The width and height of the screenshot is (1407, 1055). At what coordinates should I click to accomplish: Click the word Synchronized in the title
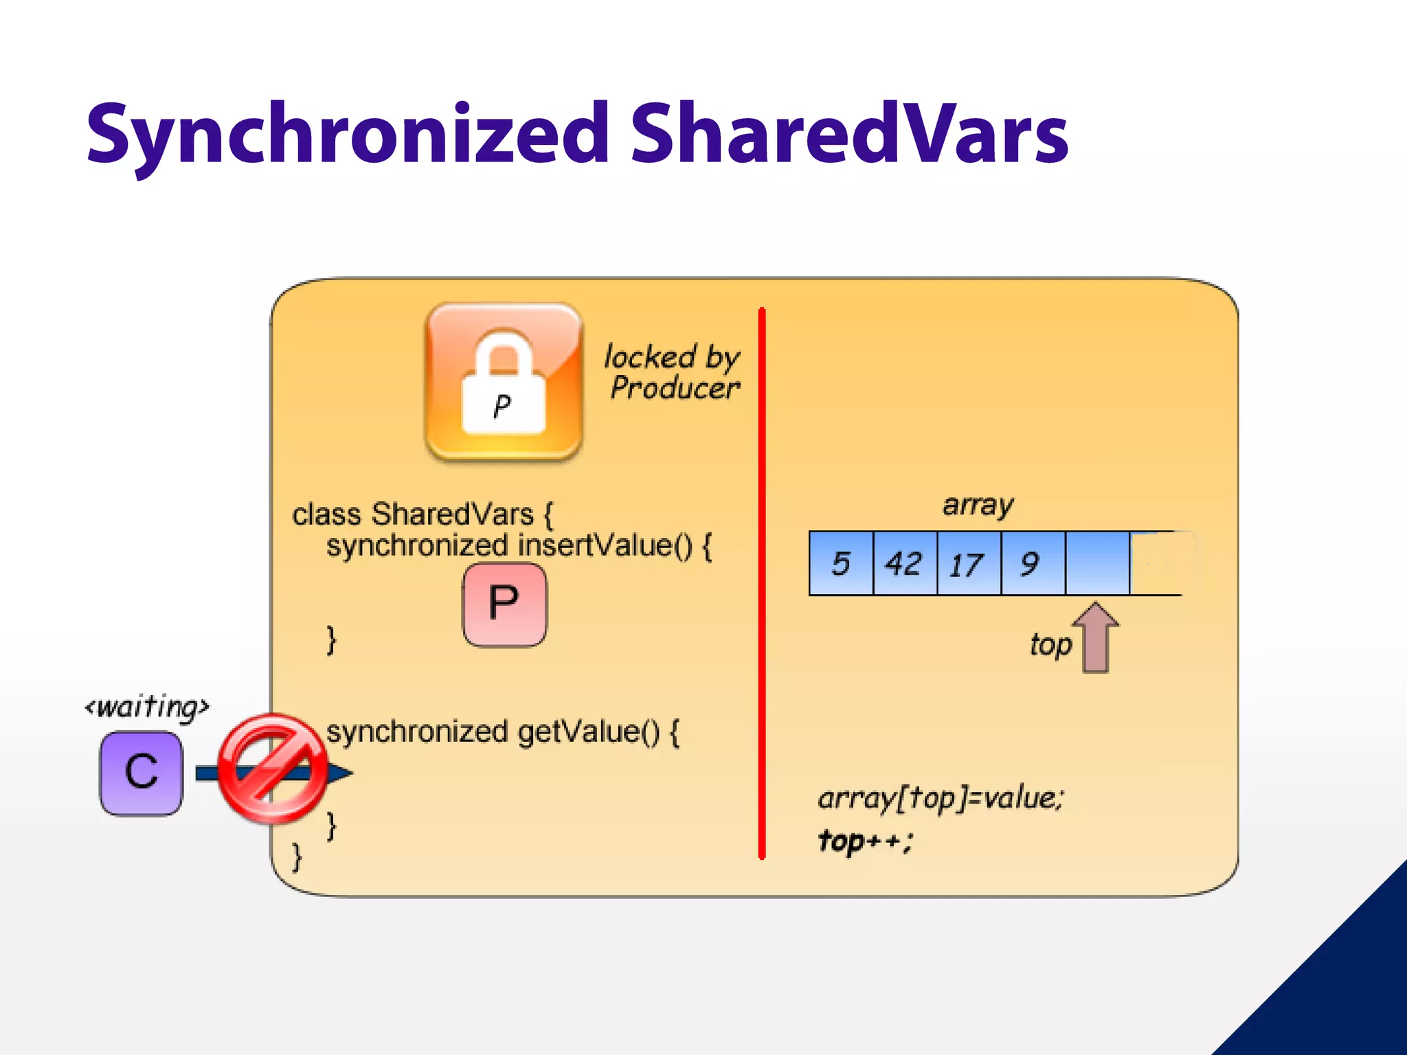347,135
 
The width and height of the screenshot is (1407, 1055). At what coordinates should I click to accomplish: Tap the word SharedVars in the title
849,135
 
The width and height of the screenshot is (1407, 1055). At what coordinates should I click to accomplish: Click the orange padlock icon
504,381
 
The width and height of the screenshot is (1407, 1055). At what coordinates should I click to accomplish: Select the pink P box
505,604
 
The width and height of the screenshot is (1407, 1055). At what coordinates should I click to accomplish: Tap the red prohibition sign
273,769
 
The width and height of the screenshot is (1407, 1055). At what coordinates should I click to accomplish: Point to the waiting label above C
146,707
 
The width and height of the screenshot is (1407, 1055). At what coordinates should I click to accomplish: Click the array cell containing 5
842,563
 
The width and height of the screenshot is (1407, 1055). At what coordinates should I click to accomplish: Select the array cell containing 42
905,563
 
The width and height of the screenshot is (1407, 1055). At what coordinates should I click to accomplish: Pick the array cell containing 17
969,563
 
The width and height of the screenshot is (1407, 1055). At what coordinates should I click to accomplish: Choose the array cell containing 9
1033,563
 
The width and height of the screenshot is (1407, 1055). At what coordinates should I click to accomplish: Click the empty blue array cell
1097,563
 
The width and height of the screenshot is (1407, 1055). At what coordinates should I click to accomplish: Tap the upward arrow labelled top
1096,637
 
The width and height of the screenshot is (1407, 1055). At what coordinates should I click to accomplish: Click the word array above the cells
978,505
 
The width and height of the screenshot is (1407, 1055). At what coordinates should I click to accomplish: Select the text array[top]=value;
941,798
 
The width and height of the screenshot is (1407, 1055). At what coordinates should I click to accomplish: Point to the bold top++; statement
865,840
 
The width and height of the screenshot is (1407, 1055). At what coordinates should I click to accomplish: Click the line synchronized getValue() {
503,732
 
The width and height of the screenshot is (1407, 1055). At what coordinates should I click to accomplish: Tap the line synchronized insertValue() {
519,546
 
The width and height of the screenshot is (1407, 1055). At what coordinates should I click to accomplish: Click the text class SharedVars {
422,514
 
